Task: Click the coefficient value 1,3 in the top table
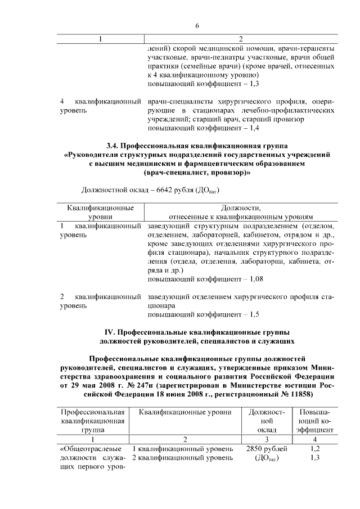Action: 253,83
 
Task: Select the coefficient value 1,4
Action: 253,128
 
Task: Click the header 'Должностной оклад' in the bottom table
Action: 268,420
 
